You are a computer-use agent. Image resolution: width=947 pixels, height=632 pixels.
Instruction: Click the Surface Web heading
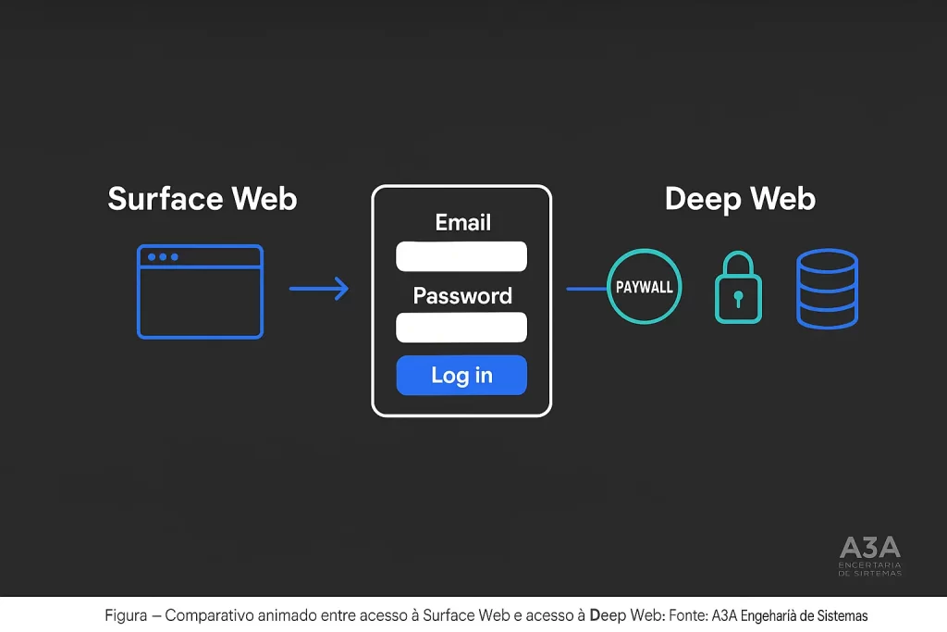point(203,199)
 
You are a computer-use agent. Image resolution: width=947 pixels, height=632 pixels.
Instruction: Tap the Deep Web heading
point(740,199)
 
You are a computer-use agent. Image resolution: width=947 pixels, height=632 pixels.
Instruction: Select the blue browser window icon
point(200,291)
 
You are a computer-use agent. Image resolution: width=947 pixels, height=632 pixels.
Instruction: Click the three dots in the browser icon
point(163,256)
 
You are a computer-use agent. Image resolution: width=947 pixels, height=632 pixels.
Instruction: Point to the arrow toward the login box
point(319,289)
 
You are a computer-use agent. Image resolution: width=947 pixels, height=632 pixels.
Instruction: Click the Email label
point(462,222)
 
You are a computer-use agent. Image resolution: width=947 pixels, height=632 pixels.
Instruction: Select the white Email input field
point(461,256)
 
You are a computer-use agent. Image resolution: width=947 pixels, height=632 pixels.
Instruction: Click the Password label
point(461,296)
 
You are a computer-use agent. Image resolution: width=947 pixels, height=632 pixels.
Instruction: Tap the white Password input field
point(461,328)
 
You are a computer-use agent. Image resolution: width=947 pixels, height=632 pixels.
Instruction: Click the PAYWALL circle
point(644,287)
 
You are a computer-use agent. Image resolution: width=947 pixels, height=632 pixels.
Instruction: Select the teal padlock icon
point(738,289)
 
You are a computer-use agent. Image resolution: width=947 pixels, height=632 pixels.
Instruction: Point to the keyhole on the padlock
point(738,299)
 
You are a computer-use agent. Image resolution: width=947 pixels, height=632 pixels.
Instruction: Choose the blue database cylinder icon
point(827,289)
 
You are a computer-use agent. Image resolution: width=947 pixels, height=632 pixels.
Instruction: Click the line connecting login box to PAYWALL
point(585,289)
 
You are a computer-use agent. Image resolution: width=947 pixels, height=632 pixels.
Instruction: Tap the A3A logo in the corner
point(869,553)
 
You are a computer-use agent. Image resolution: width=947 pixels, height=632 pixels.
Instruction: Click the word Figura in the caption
point(126,615)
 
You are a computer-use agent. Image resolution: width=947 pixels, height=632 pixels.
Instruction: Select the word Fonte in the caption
point(687,615)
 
